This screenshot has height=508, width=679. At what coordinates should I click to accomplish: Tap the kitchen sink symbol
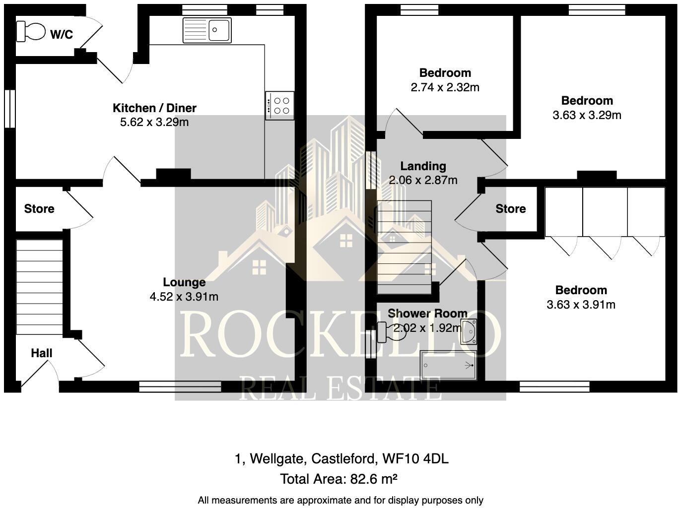(207, 30)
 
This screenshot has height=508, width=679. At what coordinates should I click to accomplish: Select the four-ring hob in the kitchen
(279, 106)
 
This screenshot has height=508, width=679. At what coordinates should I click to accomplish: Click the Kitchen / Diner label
(154, 108)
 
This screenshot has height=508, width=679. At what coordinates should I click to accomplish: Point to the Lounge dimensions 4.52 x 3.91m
(184, 297)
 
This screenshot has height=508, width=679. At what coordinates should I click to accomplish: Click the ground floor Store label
(39, 209)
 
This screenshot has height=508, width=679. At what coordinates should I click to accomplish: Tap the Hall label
(41, 353)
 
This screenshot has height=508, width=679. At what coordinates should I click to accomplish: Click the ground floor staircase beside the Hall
(40, 287)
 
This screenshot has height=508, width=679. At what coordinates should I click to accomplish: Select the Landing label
(423, 166)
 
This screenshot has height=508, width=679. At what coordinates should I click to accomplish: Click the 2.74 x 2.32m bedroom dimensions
(445, 88)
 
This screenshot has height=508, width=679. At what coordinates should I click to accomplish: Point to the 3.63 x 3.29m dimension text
(587, 115)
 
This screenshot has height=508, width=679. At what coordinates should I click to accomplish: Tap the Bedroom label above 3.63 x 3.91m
(581, 290)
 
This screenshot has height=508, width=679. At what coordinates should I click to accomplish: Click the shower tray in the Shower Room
(448, 366)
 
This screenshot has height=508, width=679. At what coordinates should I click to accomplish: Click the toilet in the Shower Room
(389, 332)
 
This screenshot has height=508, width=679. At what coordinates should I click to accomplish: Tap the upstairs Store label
(510, 209)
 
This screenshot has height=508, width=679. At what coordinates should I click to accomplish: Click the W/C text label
(62, 34)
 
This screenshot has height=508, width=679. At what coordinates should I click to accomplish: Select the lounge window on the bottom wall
(180, 386)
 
